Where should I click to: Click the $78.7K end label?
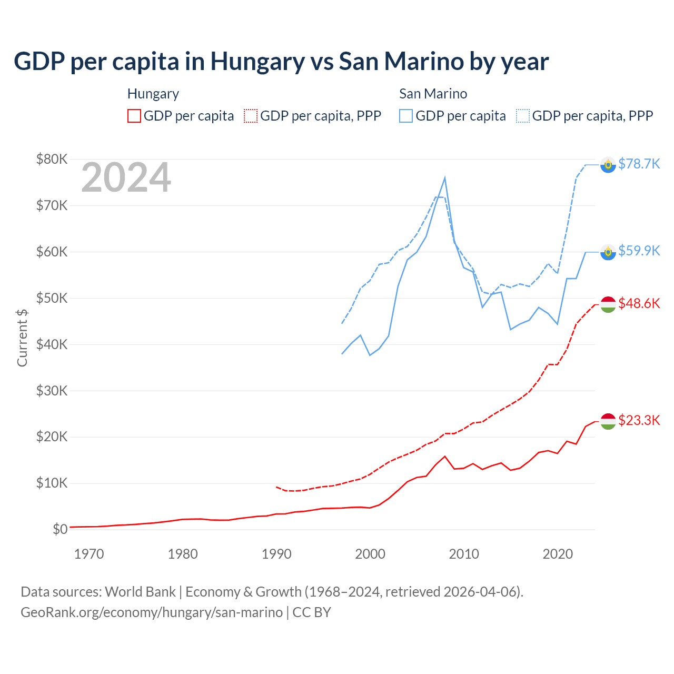click(639, 164)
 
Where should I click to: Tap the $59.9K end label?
click(639, 251)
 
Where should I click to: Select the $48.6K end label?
click(639, 303)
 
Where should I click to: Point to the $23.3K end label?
click(639, 420)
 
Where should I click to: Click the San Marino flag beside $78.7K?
click(608, 165)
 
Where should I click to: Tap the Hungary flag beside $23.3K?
click(608, 421)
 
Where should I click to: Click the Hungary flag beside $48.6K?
click(608, 304)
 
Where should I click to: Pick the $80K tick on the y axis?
click(52, 159)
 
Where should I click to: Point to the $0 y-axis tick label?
click(60, 529)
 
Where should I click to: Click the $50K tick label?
click(52, 298)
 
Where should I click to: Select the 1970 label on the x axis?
click(89, 554)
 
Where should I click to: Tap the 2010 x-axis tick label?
click(464, 554)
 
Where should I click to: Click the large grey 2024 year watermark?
click(126, 178)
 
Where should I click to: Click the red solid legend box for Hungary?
click(134, 116)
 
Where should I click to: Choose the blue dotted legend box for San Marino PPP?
click(523, 116)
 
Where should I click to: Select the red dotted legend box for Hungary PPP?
click(251, 116)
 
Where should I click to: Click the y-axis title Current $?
click(22, 338)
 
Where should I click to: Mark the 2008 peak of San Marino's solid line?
click(445, 178)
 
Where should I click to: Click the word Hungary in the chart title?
click(257, 62)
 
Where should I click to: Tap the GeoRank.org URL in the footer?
click(152, 612)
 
